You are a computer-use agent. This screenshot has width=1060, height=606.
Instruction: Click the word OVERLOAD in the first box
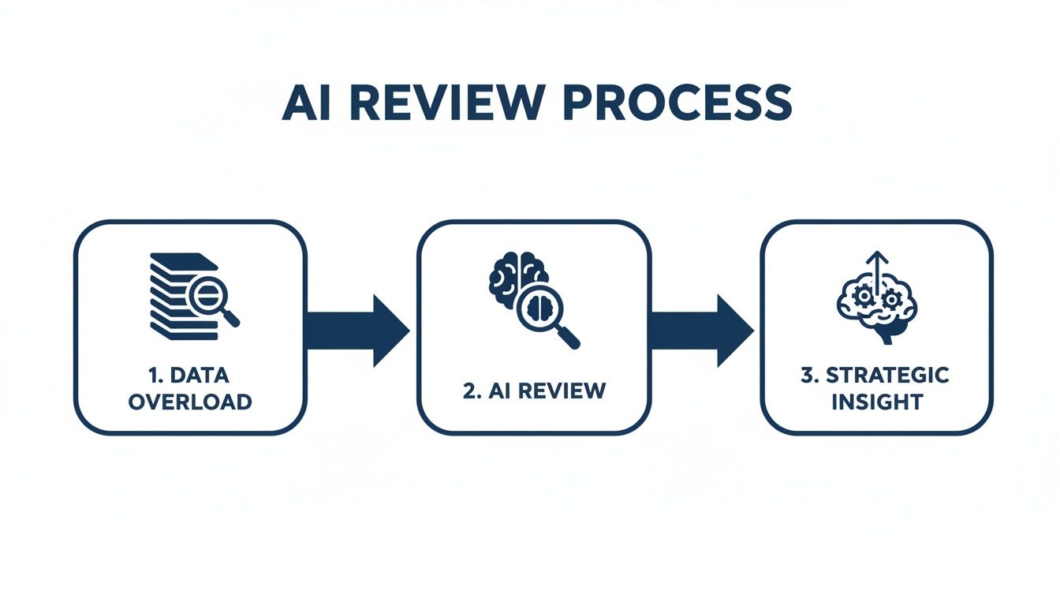[190, 401]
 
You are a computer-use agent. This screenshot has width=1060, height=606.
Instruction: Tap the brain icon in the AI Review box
[517, 276]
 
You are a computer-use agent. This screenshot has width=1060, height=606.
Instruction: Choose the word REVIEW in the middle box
[569, 391]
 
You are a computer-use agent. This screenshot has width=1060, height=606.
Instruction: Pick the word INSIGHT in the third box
[877, 401]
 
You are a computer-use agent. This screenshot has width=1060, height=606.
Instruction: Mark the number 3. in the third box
[811, 376]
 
